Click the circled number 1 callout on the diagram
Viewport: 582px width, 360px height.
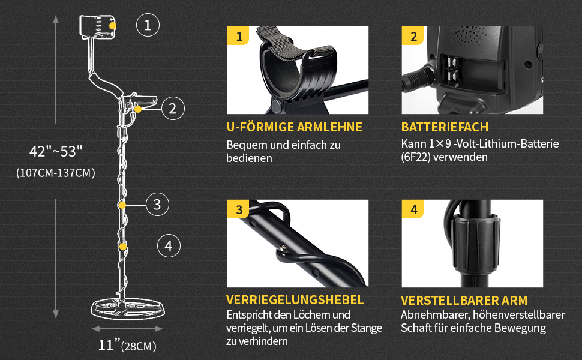pyautogui.click(x=148, y=25)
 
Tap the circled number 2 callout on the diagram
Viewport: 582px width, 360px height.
pyautogui.click(x=173, y=109)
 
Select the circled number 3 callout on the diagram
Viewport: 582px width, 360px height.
pyautogui.click(x=157, y=205)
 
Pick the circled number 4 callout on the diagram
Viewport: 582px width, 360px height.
pyautogui.click(x=169, y=246)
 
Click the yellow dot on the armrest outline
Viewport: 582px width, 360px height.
pyautogui.click(x=112, y=25)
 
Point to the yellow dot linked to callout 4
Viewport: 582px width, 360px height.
pyautogui.click(x=123, y=247)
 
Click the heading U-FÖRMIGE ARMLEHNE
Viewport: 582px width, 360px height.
pyautogui.click(x=295, y=127)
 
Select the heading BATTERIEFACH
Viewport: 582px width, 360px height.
pyautogui.click(x=445, y=127)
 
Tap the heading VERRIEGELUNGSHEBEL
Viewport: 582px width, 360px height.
pyautogui.click(x=295, y=300)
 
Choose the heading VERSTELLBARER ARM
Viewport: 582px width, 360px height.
pyautogui.click(x=464, y=300)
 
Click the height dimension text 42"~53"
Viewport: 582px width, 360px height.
pyautogui.click(x=56, y=151)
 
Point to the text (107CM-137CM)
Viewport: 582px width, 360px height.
pyautogui.click(x=56, y=173)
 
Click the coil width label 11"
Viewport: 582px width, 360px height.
pyautogui.click(x=109, y=345)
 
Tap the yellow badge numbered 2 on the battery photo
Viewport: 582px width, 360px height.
pyautogui.click(x=413, y=36)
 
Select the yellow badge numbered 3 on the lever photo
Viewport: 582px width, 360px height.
pyautogui.click(x=238, y=209)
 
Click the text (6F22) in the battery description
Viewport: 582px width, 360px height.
pyautogui.click(x=416, y=157)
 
